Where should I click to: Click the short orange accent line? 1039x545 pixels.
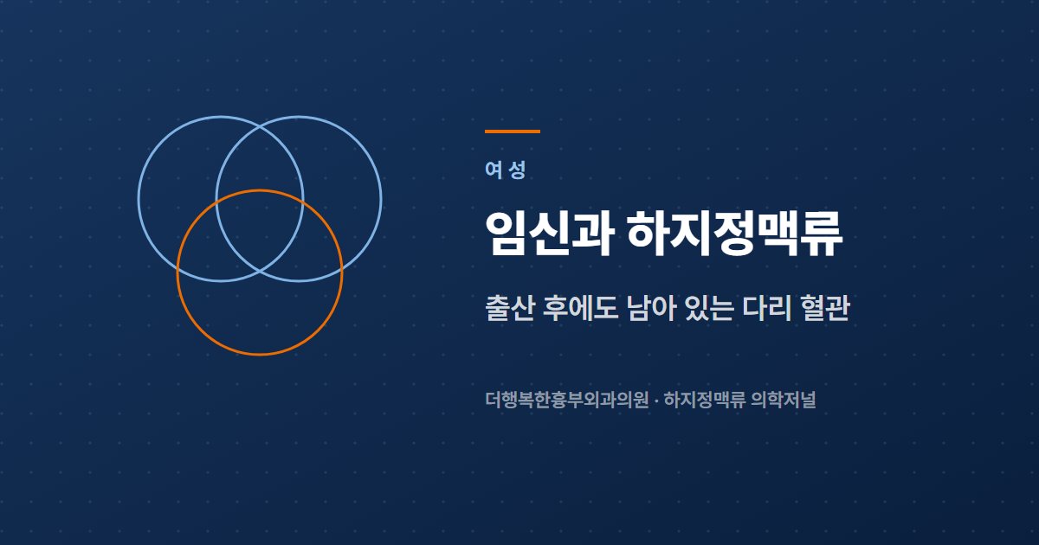pyautogui.click(x=513, y=131)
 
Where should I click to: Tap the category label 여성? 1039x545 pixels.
pyautogui.click(x=506, y=170)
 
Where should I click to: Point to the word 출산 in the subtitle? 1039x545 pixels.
pyautogui.click(x=510, y=307)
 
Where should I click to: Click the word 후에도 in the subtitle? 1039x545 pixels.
pyautogui.click(x=580, y=307)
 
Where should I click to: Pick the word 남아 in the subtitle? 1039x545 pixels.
pyautogui.click(x=651, y=307)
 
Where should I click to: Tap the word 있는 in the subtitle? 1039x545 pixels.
pyautogui.click(x=709, y=307)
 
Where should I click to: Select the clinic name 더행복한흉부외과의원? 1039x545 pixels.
pyautogui.click(x=566, y=400)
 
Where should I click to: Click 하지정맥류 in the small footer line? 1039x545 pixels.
pyautogui.click(x=705, y=400)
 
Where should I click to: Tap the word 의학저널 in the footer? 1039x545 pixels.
pyautogui.click(x=784, y=400)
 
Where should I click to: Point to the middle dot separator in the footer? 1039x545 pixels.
pyautogui.click(x=656, y=400)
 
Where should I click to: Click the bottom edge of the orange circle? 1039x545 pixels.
pyautogui.click(x=260, y=355)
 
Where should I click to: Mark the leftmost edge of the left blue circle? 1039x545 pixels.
pyautogui.click(x=139, y=199)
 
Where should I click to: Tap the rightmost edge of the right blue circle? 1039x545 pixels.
pyautogui.click(x=381, y=199)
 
